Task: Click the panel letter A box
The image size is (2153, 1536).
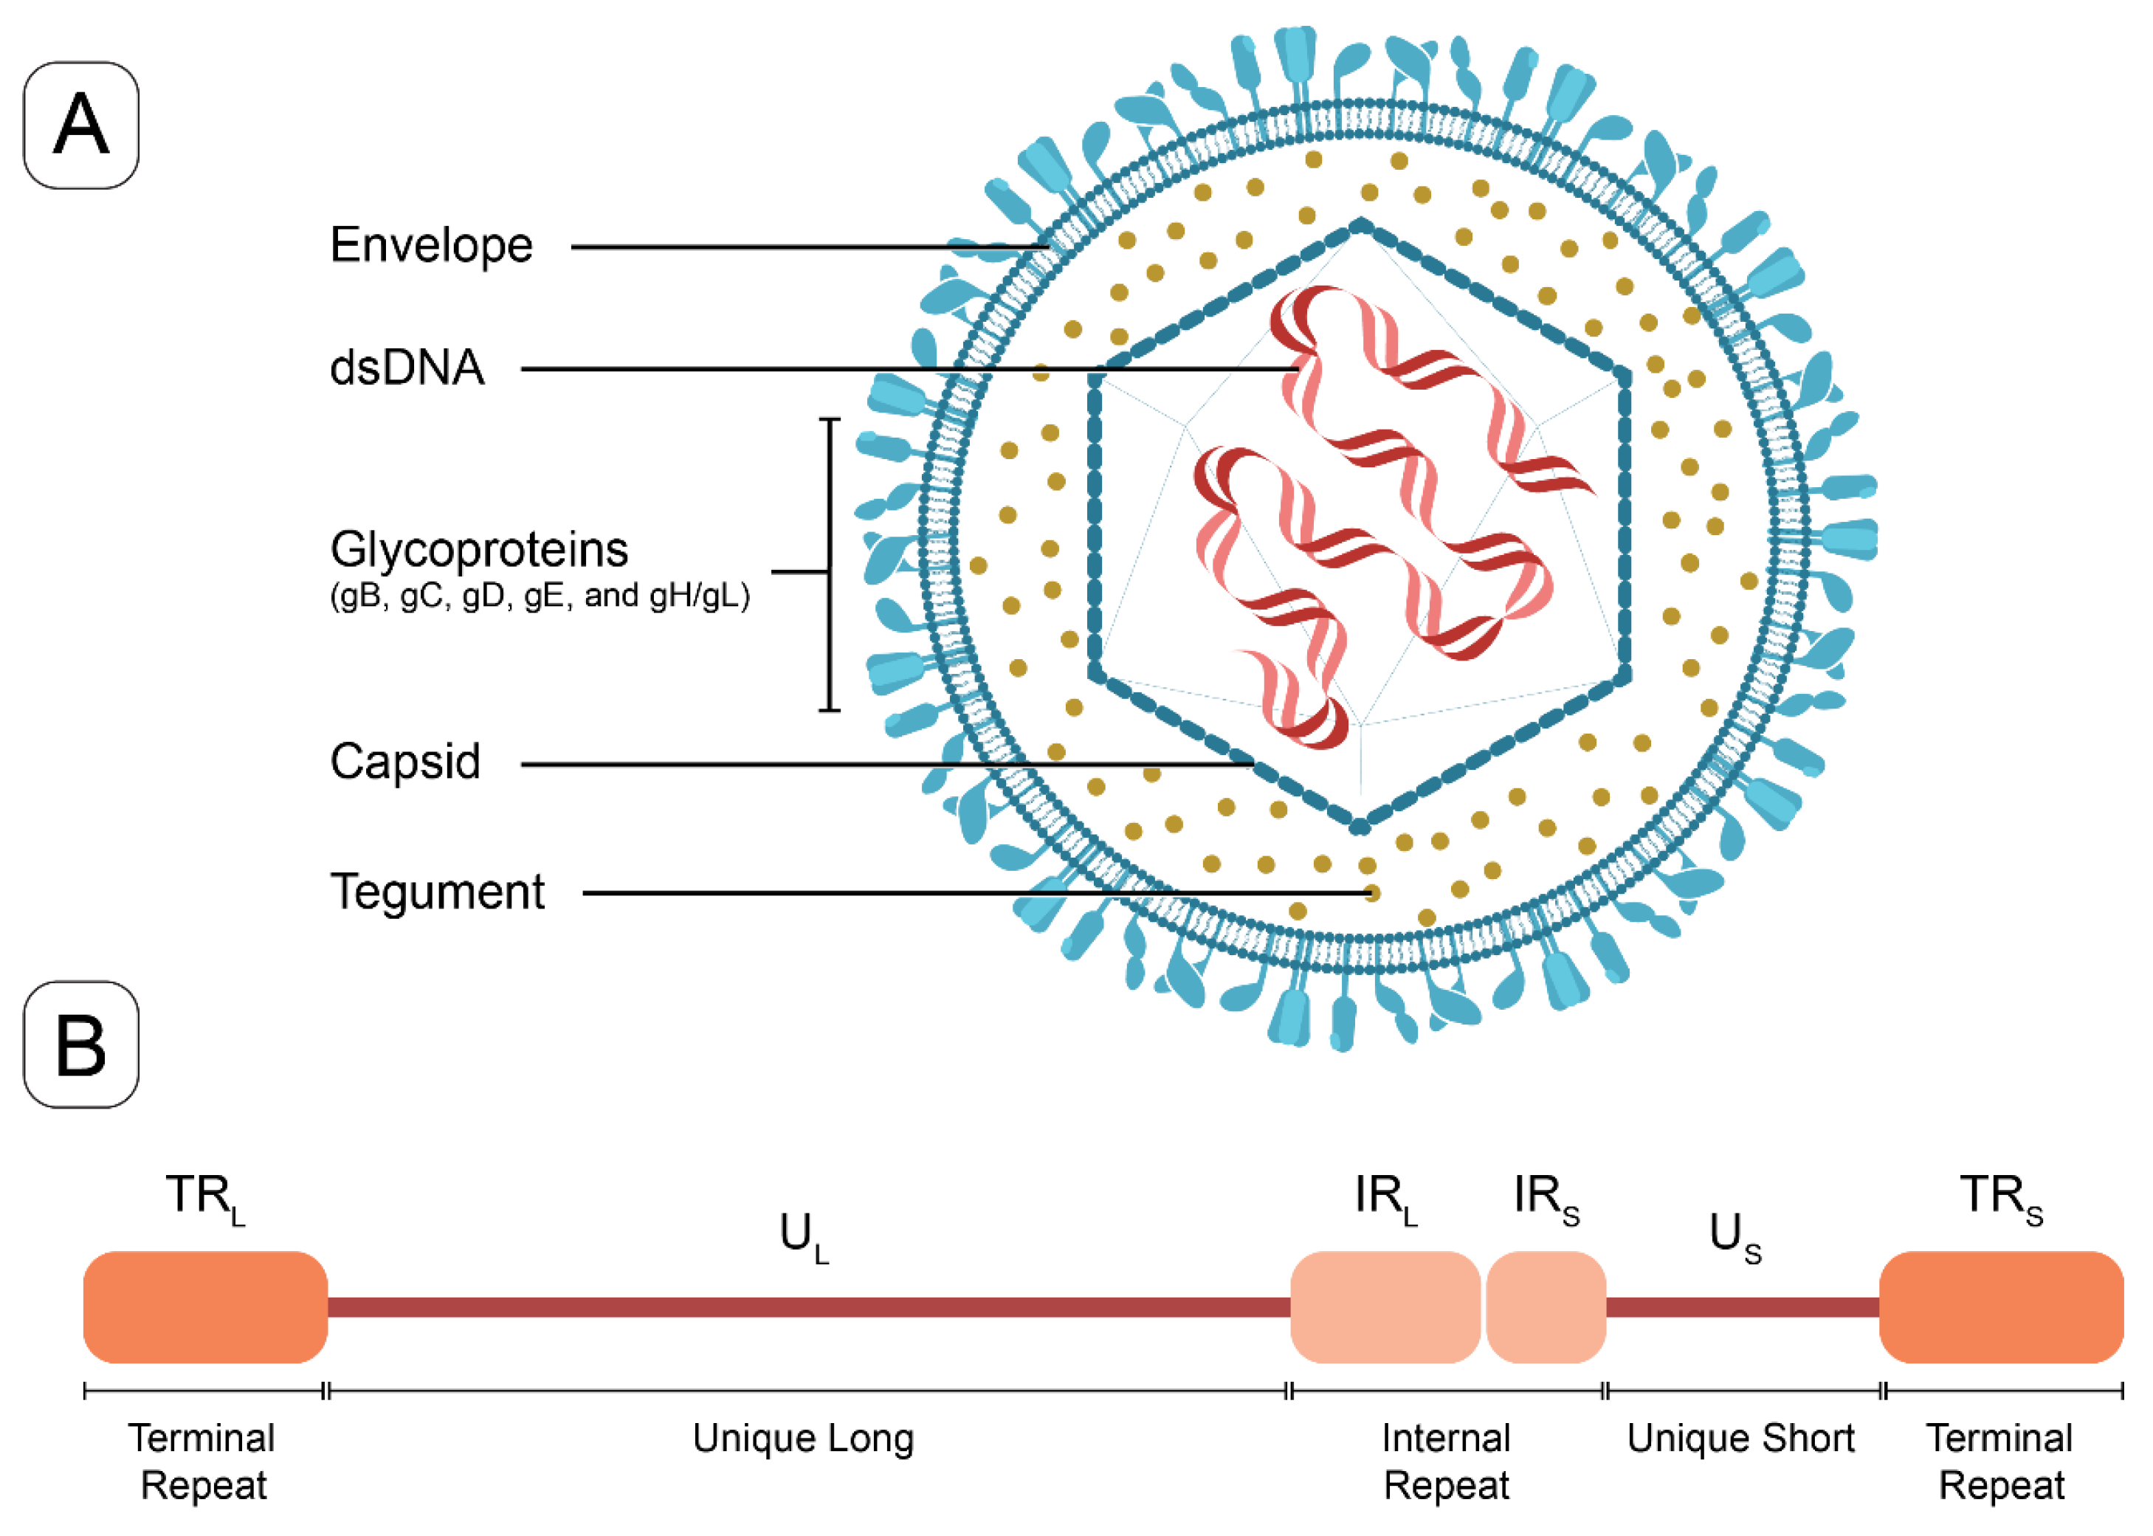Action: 80,125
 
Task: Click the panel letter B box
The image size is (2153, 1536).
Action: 80,1044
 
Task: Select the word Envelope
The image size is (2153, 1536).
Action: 431,246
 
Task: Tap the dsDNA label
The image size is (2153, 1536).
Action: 407,368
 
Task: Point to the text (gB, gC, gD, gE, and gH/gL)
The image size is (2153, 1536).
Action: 539,596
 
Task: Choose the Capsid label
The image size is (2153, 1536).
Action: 404,762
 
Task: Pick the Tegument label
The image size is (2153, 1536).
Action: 437,891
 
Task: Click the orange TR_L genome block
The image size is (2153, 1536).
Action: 205,1307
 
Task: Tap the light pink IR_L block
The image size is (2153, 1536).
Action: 1384,1307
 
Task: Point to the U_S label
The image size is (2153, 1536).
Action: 1734,1236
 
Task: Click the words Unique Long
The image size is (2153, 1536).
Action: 803,1439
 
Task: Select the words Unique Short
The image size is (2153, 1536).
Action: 1740,1439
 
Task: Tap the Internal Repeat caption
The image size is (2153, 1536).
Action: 1446,1461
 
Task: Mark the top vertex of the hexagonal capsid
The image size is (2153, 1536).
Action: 1360,225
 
